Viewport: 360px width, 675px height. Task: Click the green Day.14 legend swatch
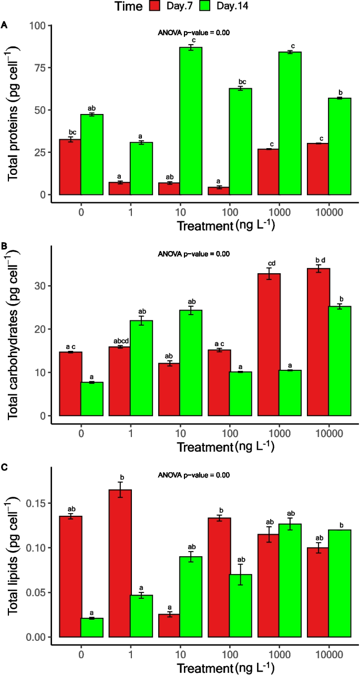pyautogui.click(x=204, y=7)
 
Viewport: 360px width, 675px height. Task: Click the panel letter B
pyautogui.click(x=4, y=246)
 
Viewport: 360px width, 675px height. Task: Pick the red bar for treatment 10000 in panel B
pyautogui.click(x=318, y=341)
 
